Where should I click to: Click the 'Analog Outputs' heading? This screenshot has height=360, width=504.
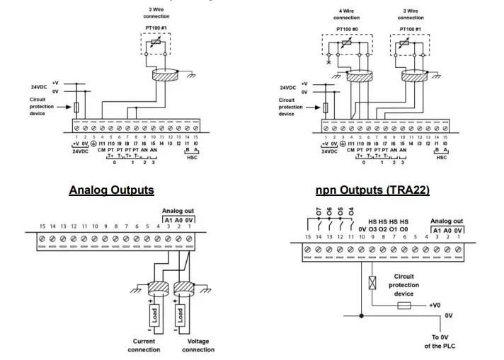pos(111,190)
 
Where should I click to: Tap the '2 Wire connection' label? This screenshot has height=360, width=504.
pos(156,13)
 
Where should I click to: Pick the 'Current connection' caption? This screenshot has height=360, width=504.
pos(144,345)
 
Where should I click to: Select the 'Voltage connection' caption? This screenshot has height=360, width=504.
pos(198,345)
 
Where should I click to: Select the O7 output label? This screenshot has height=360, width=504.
pos(319,212)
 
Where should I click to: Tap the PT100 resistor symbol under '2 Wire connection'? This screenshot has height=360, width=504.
pos(156,44)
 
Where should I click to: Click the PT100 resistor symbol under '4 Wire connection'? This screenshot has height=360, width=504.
pos(346,45)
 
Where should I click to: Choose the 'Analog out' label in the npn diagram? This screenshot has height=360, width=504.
pos(446,221)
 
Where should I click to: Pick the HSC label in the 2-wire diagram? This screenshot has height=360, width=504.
pos(191,157)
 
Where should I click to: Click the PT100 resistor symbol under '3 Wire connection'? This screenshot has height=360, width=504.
pos(405,45)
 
